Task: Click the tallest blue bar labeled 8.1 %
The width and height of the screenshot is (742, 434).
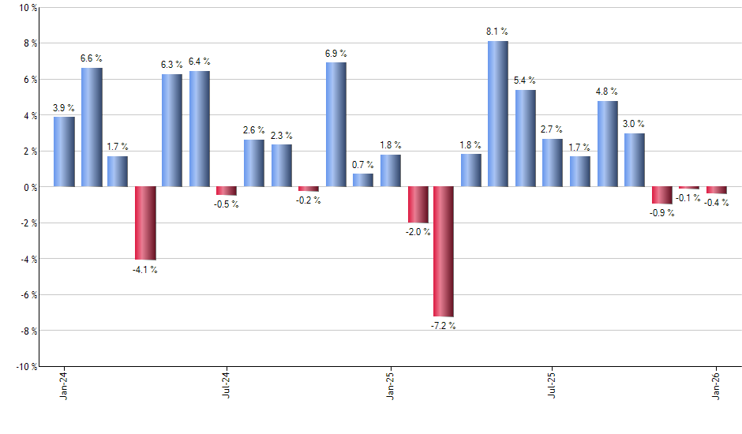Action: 498,114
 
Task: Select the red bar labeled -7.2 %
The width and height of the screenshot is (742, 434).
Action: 444,252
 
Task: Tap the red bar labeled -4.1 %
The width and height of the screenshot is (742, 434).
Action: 145,223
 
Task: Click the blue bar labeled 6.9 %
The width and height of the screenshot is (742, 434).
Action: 335,125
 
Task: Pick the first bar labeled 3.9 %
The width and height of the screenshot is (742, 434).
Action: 64,152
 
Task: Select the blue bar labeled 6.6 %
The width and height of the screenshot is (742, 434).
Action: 92,128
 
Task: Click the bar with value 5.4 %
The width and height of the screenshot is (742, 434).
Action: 525,139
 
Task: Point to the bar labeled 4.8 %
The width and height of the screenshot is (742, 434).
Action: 607,144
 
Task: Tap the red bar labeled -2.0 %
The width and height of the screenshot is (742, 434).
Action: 418,205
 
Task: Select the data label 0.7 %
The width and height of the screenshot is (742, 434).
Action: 363,164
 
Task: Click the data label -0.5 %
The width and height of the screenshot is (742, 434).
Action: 227,204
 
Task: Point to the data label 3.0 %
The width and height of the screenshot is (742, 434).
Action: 634,124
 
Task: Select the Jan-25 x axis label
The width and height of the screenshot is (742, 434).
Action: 391,385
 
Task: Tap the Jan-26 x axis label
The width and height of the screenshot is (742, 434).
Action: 717,385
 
